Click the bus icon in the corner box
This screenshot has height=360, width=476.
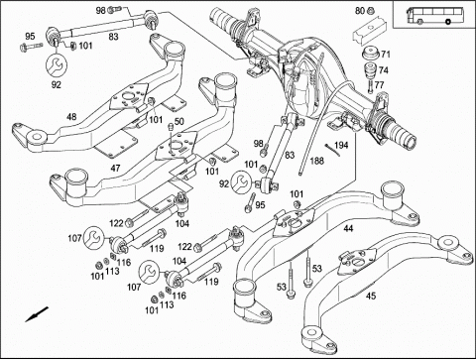(x=429, y=15)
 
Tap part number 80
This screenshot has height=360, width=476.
(x=360, y=11)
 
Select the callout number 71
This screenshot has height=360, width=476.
(x=386, y=54)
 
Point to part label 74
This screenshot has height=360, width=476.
(x=384, y=70)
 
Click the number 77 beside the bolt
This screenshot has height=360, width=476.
(x=379, y=85)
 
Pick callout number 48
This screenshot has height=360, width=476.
(x=71, y=117)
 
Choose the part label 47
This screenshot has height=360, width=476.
(x=115, y=169)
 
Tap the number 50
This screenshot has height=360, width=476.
(x=178, y=121)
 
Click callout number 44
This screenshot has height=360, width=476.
(x=348, y=228)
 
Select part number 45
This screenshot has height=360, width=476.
(x=371, y=296)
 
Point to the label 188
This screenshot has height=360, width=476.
(x=317, y=161)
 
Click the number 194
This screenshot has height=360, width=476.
(x=341, y=145)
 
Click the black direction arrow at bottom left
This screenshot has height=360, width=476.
(x=37, y=314)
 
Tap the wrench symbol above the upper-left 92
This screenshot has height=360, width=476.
(x=57, y=65)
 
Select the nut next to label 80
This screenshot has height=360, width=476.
(x=371, y=11)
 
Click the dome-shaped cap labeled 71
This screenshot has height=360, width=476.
(x=371, y=55)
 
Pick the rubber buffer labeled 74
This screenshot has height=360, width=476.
(x=371, y=69)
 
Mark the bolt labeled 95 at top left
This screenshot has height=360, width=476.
(x=31, y=47)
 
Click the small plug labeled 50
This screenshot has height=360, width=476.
(x=171, y=127)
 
